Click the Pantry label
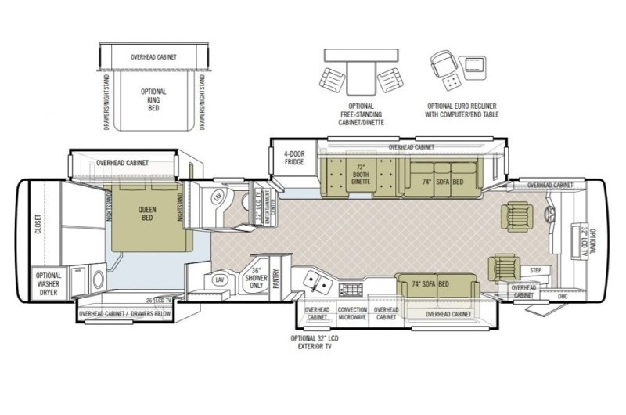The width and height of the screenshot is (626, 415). coord(275,280)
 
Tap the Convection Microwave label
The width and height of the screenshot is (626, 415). coord(352,313)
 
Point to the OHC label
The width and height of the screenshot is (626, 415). coord(562,296)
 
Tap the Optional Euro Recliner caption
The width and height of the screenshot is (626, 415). coord(462,110)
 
